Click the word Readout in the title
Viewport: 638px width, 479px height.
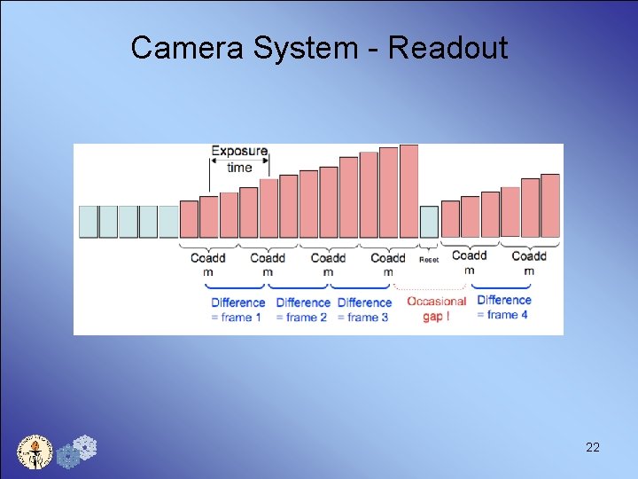[448, 48]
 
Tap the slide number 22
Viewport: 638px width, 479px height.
[593, 448]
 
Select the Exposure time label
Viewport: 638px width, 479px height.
[239, 159]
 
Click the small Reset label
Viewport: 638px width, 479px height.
[429, 260]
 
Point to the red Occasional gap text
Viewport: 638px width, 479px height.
[436, 308]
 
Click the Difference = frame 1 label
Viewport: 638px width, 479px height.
[237, 310]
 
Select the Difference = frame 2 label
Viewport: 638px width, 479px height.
[303, 310]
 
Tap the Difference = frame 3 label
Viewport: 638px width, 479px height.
[364, 310]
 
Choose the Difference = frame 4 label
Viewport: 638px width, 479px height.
[503, 307]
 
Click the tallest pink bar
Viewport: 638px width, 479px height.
[408, 191]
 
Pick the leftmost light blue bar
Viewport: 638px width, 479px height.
[88, 222]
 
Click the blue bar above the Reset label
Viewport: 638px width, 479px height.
[429, 222]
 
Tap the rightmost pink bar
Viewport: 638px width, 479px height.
[550, 206]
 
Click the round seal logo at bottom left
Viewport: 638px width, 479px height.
[35, 452]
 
